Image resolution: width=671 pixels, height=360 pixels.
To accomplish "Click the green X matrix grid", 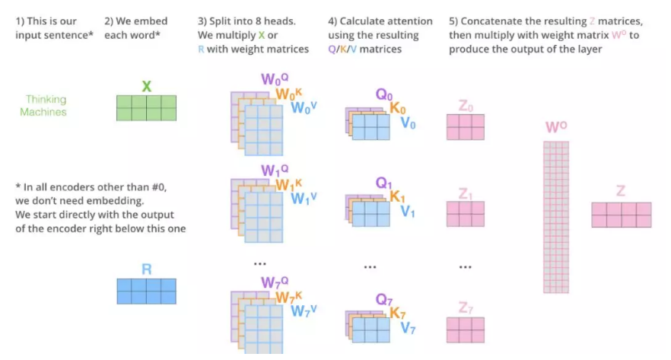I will pos(146,107).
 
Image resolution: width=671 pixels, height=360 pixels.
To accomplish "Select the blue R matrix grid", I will pos(146,291).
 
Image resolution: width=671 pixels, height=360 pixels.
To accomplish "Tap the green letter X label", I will pos(146,87).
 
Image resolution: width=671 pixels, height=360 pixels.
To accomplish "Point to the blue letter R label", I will pos(146,269).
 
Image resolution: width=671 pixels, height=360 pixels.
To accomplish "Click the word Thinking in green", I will pos(46,99).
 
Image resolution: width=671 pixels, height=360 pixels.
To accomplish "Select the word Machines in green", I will pos(43,112).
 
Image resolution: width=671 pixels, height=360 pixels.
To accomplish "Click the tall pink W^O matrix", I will pos(556,218).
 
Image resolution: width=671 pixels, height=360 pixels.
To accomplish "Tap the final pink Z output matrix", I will pos(621,215).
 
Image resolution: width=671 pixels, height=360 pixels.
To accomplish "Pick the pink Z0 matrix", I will pos(465,127).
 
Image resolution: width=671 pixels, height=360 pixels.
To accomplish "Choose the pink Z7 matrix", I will pos(465,329).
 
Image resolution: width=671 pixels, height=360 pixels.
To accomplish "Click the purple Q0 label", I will pos(385,95).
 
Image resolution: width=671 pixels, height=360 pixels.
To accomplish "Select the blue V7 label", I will pos(409,329).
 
